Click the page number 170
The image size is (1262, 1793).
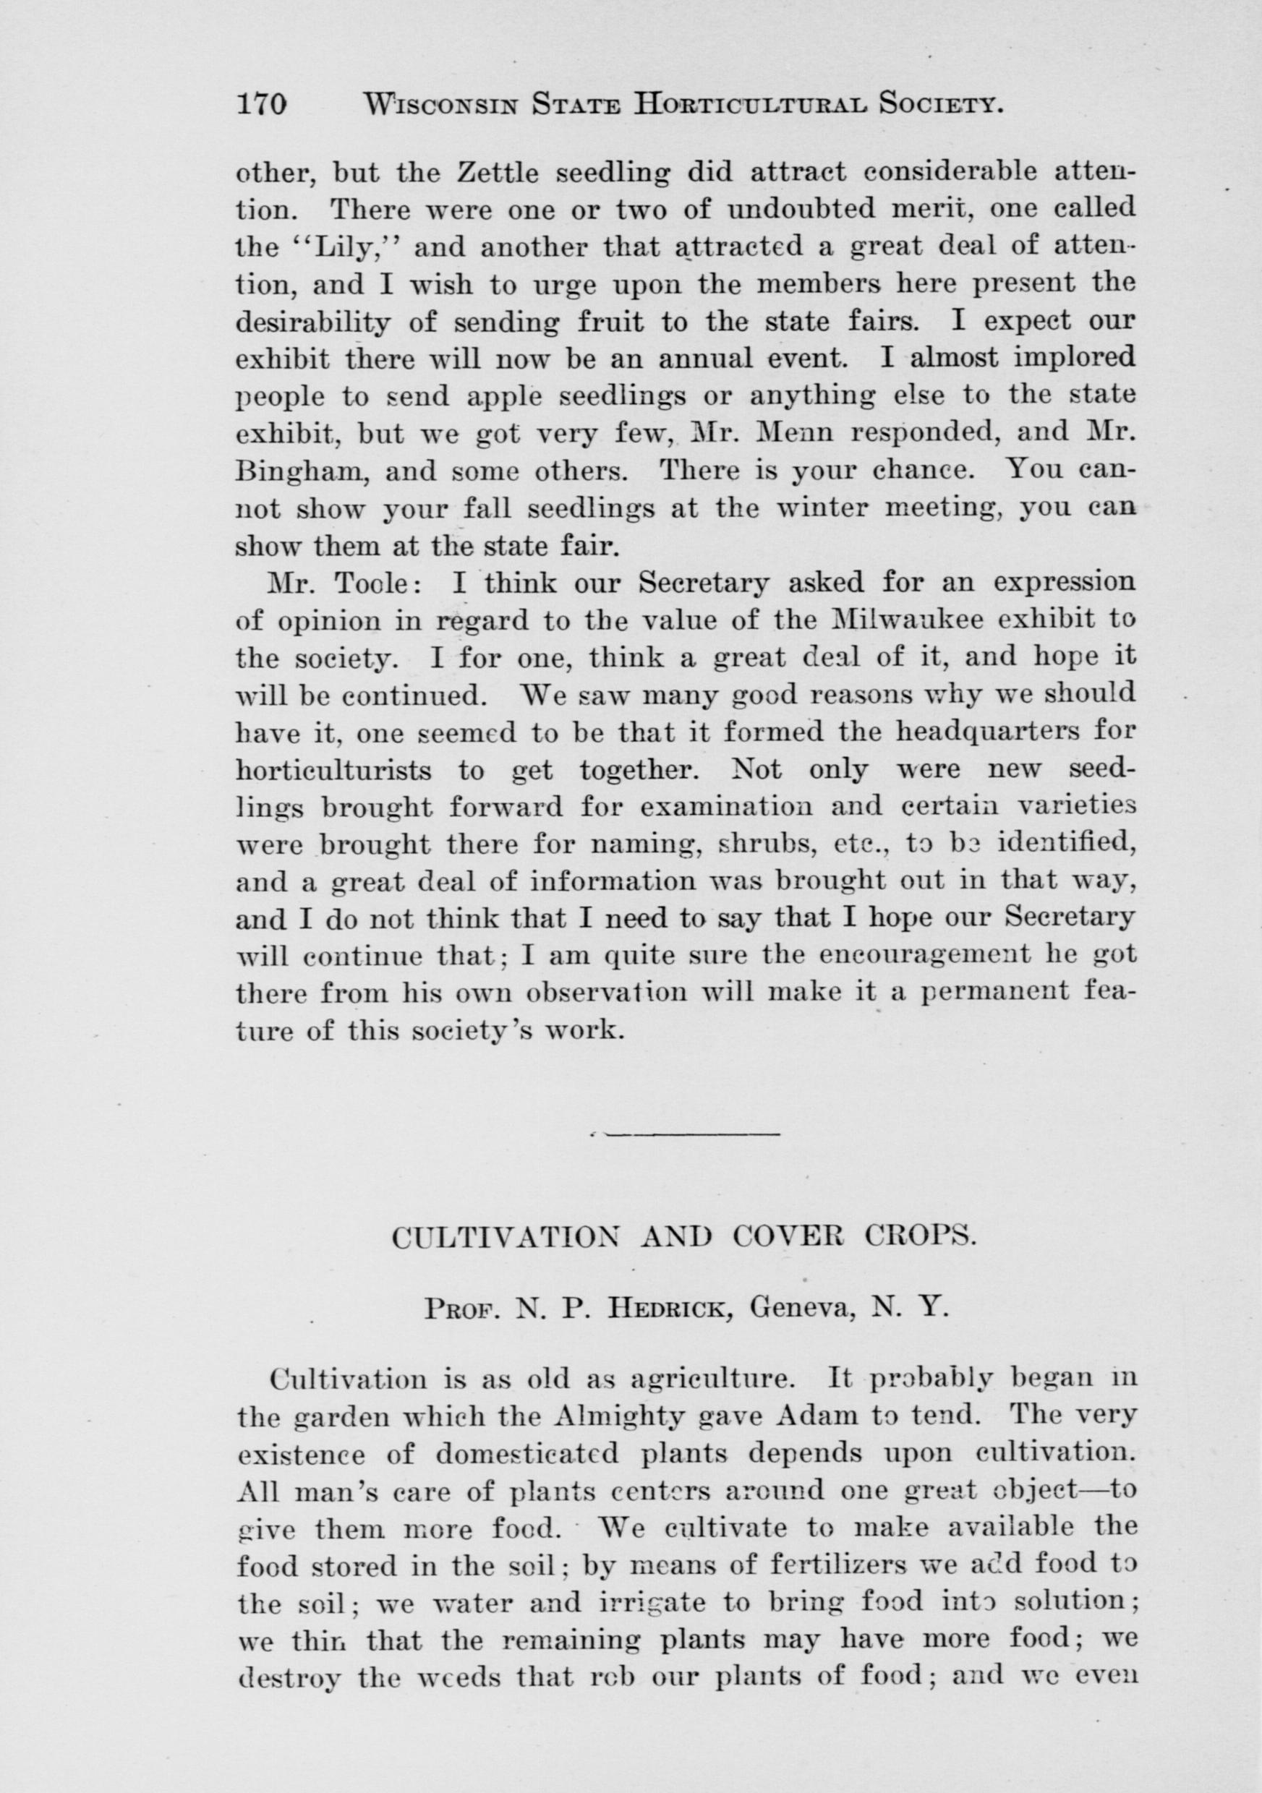(262, 104)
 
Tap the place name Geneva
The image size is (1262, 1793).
(804, 1308)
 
